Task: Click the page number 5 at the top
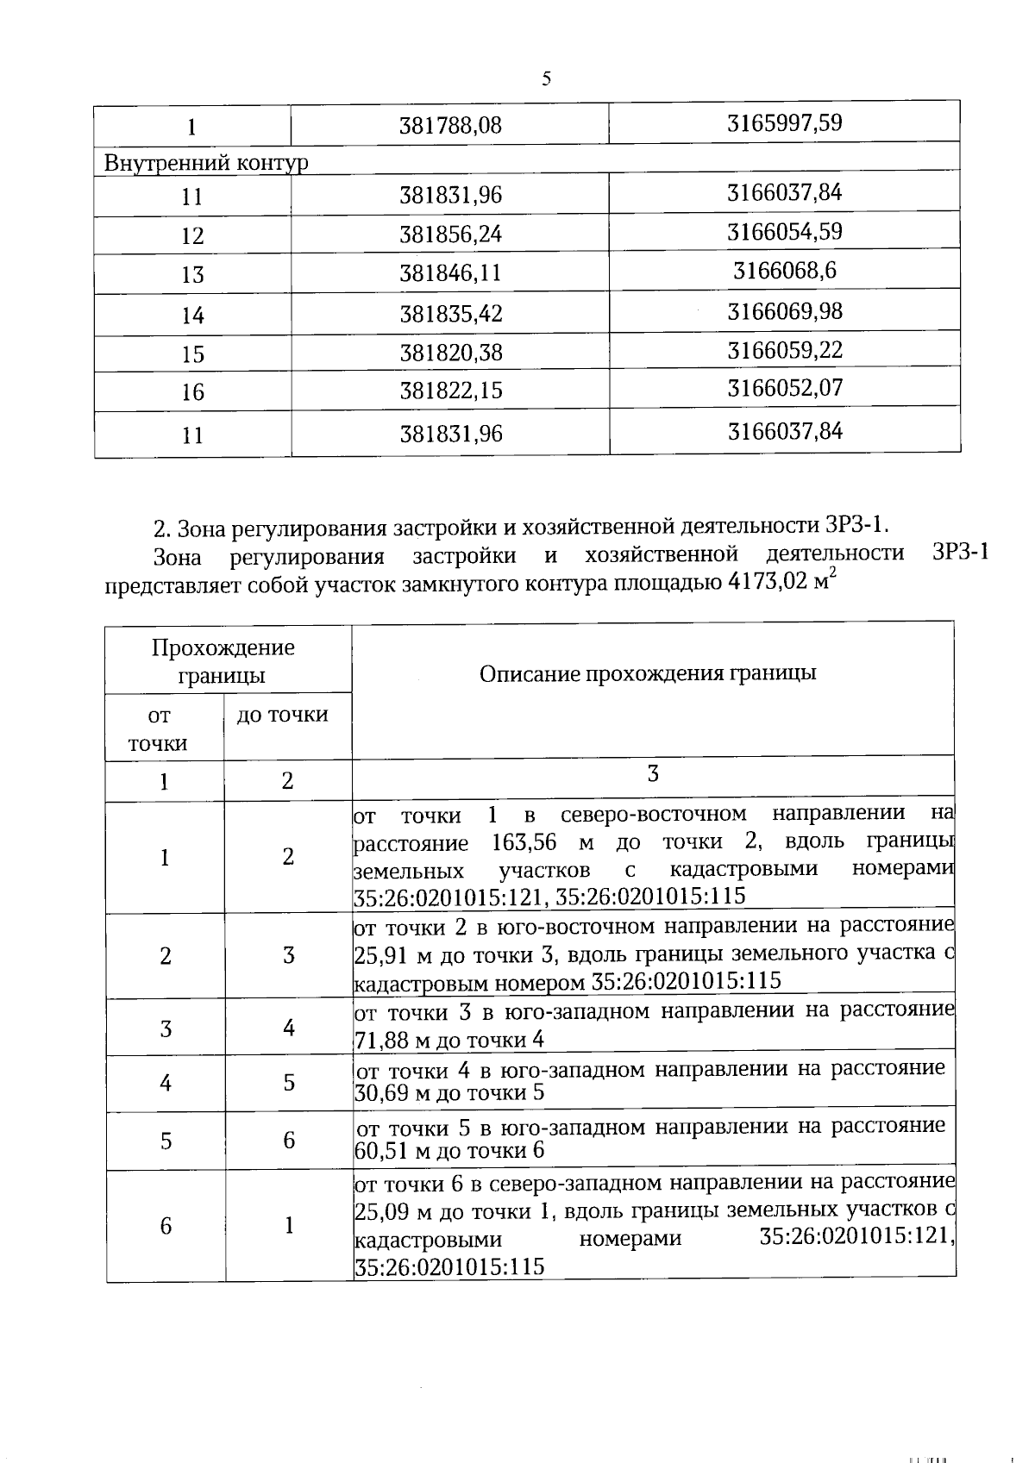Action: tap(546, 79)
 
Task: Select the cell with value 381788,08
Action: tap(450, 126)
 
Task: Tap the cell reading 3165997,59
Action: tap(784, 122)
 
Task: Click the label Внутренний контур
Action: tap(206, 163)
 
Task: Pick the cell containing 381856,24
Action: tap(450, 234)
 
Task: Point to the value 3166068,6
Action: tap(784, 272)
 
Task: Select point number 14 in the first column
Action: tap(192, 316)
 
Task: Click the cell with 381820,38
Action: tap(450, 353)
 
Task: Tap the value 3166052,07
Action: tap(784, 388)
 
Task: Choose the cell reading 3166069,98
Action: tap(784, 310)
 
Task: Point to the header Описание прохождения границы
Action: tap(648, 673)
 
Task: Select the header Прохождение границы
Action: tap(223, 660)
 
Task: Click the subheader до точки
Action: tap(282, 715)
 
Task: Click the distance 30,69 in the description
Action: tap(380, 1093)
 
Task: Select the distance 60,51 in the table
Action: tap(380, 1151)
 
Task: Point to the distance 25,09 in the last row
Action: tap(381, 1212)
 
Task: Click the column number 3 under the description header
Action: tap(653, 774)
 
